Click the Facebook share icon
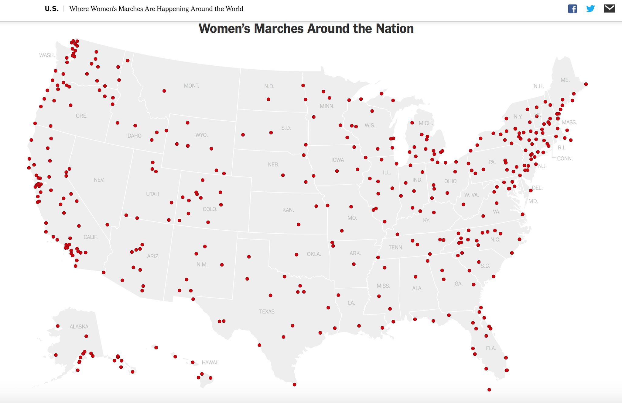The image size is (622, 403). (572, 9)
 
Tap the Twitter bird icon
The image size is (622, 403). (590, 9)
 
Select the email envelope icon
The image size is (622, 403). (609, 9)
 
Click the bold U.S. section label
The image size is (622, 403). (52, 9)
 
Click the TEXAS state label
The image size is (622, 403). (267, 311)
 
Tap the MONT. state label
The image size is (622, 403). (191, 86)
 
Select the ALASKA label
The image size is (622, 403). (79, 327)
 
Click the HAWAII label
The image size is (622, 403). (210, 363)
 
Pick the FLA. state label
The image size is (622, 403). (491, 348)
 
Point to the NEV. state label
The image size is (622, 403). (99, 180)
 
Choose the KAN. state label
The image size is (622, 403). (288, 210)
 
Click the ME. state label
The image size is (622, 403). (565, 80)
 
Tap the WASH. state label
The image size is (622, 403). (47, 55)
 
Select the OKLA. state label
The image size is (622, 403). (314, 254)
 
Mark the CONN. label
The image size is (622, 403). (565, 158)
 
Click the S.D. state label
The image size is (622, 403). (286, 128)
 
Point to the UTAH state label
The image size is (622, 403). (152, 194)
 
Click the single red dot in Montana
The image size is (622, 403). (164, 91)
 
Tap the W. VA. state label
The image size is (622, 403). (471, 195)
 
